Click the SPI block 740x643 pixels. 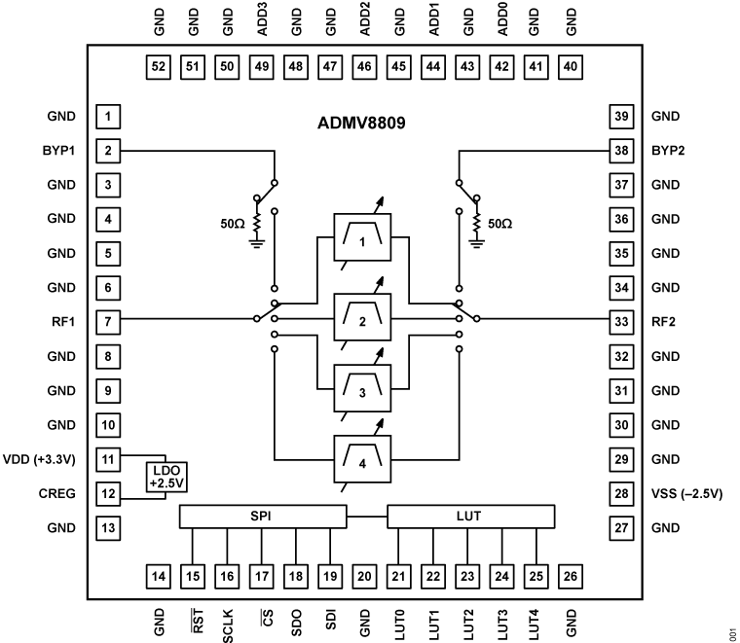tap(262, 515)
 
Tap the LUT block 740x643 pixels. tap(470, 515)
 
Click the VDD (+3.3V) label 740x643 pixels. tap(45, 459)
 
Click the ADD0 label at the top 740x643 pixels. tap(502, 20)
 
